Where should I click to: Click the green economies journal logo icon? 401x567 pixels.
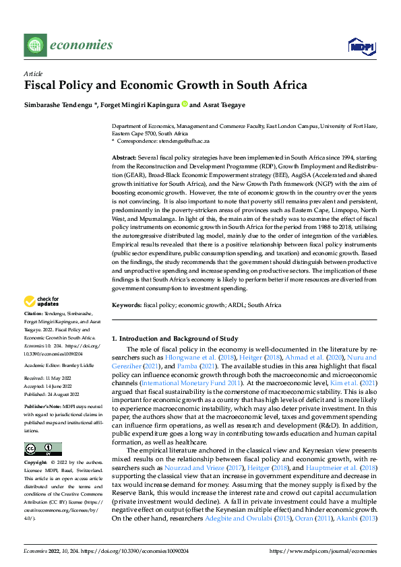tap(34, 45)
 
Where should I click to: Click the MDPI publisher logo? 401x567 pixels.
tap(361, 46)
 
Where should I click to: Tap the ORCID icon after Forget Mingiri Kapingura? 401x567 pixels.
tap(184, 105)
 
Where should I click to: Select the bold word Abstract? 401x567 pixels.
tap(126, 156)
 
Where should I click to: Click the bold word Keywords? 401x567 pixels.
tap(127, 305)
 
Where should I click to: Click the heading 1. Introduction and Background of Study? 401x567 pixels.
tap(175, 338)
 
